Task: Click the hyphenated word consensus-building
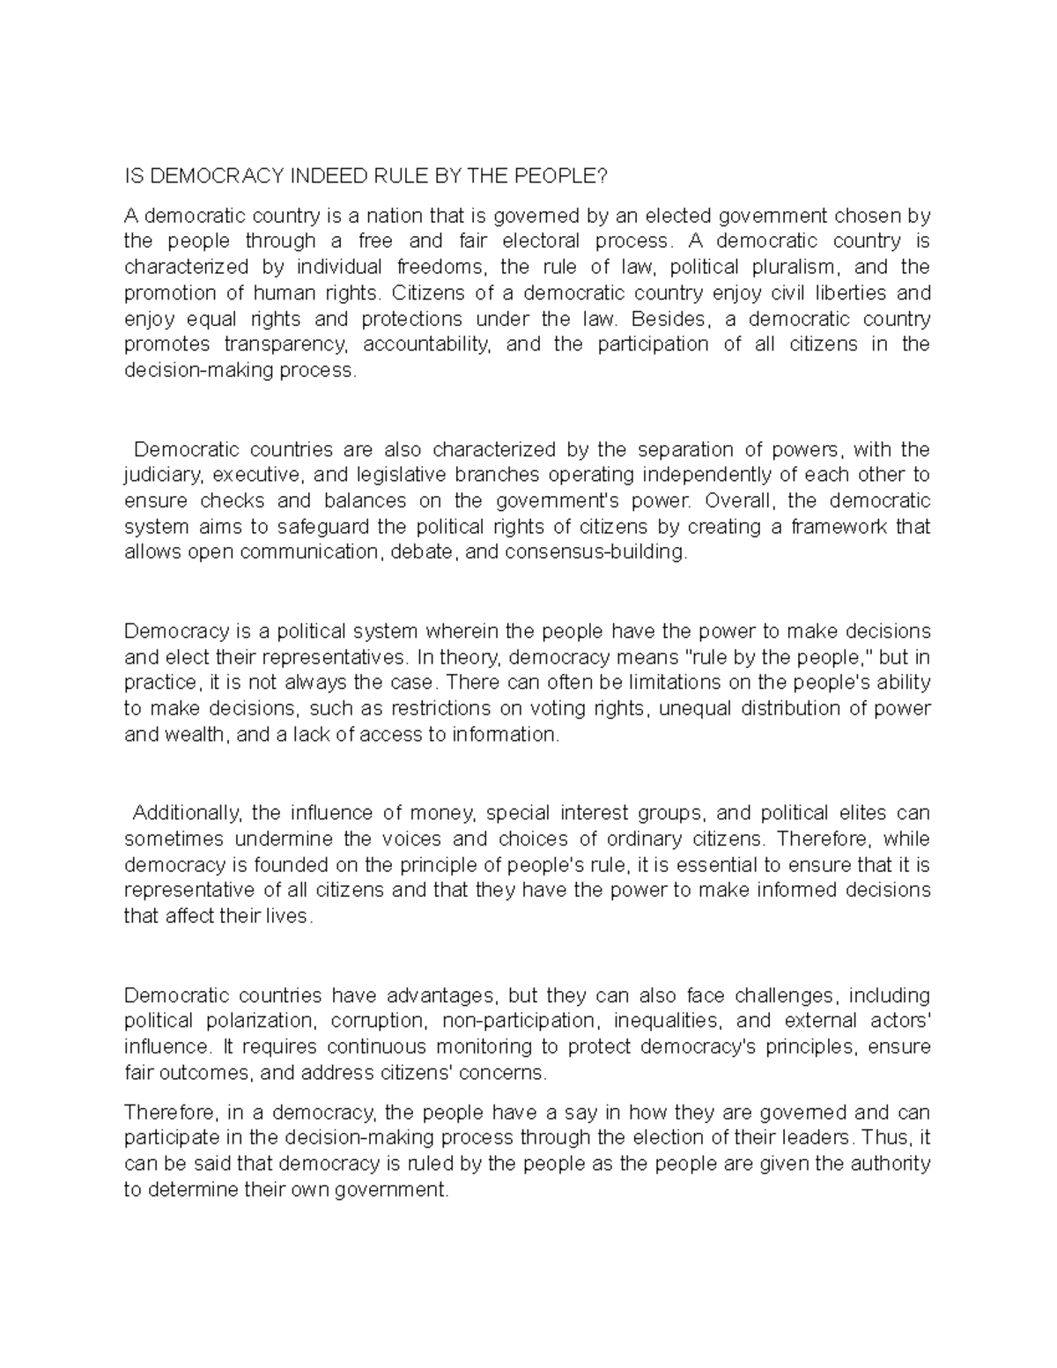(588, 552)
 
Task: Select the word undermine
(282, 839)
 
